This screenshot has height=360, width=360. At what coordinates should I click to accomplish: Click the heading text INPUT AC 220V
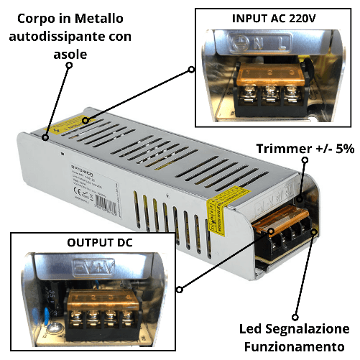click(x=274, y=17)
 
